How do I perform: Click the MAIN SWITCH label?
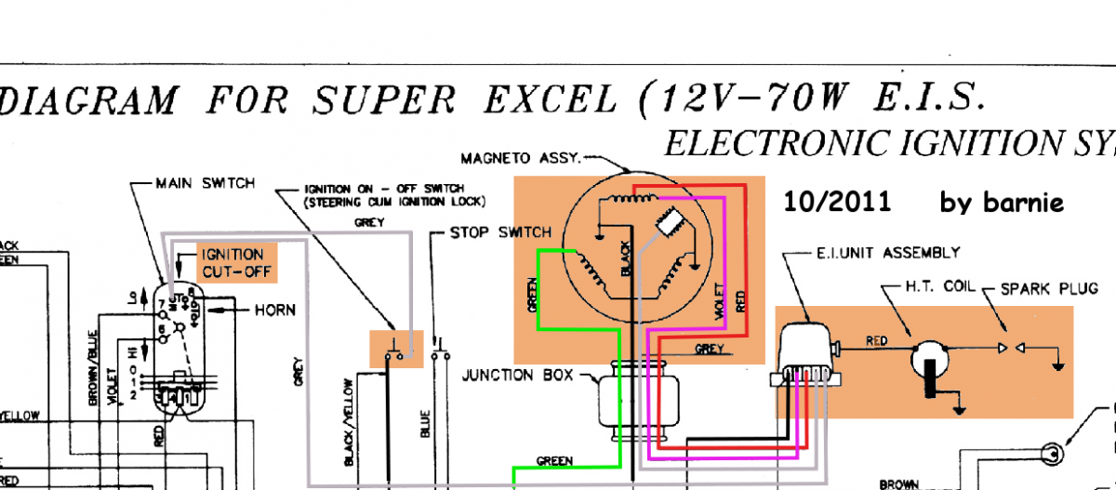tap(205, 183)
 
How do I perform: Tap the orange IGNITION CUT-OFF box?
tap(232, 263)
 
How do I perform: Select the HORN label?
tap(275, 309)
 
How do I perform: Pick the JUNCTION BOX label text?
tap(511, 376)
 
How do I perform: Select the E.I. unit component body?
tap(807, 350)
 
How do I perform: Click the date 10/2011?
tap(837, 202)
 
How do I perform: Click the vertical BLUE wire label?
tap(426, 418)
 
